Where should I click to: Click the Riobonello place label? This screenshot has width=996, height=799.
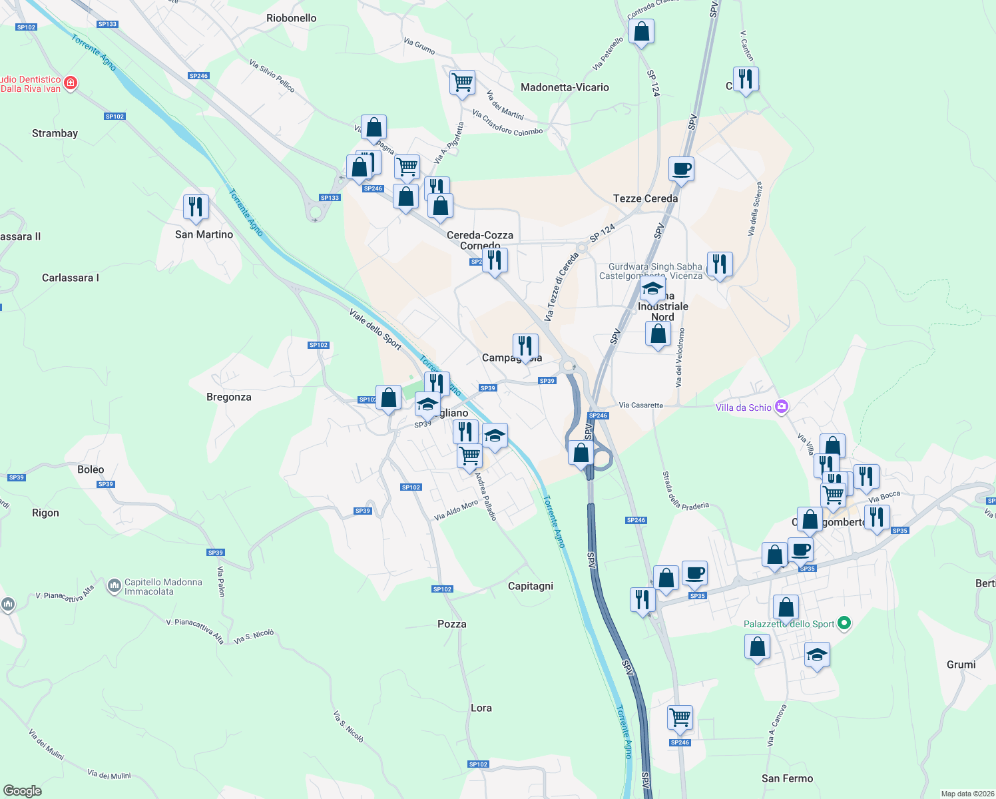(291, 18)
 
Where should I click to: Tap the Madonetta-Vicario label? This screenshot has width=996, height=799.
(565, 87)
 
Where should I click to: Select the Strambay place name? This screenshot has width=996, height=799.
(55, 133)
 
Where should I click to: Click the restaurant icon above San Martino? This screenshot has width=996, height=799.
(196, 207)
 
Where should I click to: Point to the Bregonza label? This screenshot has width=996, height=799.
(228, 397)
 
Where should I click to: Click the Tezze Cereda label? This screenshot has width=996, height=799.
(645, 198)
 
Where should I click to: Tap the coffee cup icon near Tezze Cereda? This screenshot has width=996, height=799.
(681, 169)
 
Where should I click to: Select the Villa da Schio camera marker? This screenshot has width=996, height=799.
(782, 407)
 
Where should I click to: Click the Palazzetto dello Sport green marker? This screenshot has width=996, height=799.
(844, 624)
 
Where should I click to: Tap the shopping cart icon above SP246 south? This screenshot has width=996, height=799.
(680, 718)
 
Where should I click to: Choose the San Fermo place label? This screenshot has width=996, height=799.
(787, 778)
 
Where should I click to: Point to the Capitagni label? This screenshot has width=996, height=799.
(530, 586)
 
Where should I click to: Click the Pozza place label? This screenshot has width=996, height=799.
(451, 624)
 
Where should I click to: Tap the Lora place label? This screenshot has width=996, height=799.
(481, 708)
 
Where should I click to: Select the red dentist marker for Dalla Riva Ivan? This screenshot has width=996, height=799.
(71, 83)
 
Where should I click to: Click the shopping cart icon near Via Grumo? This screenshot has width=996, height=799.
(462, 83)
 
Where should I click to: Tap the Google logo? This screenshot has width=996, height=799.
(23, 790)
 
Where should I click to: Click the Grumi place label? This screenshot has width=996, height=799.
(961, 665)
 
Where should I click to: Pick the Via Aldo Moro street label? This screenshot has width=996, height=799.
(456, 511)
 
